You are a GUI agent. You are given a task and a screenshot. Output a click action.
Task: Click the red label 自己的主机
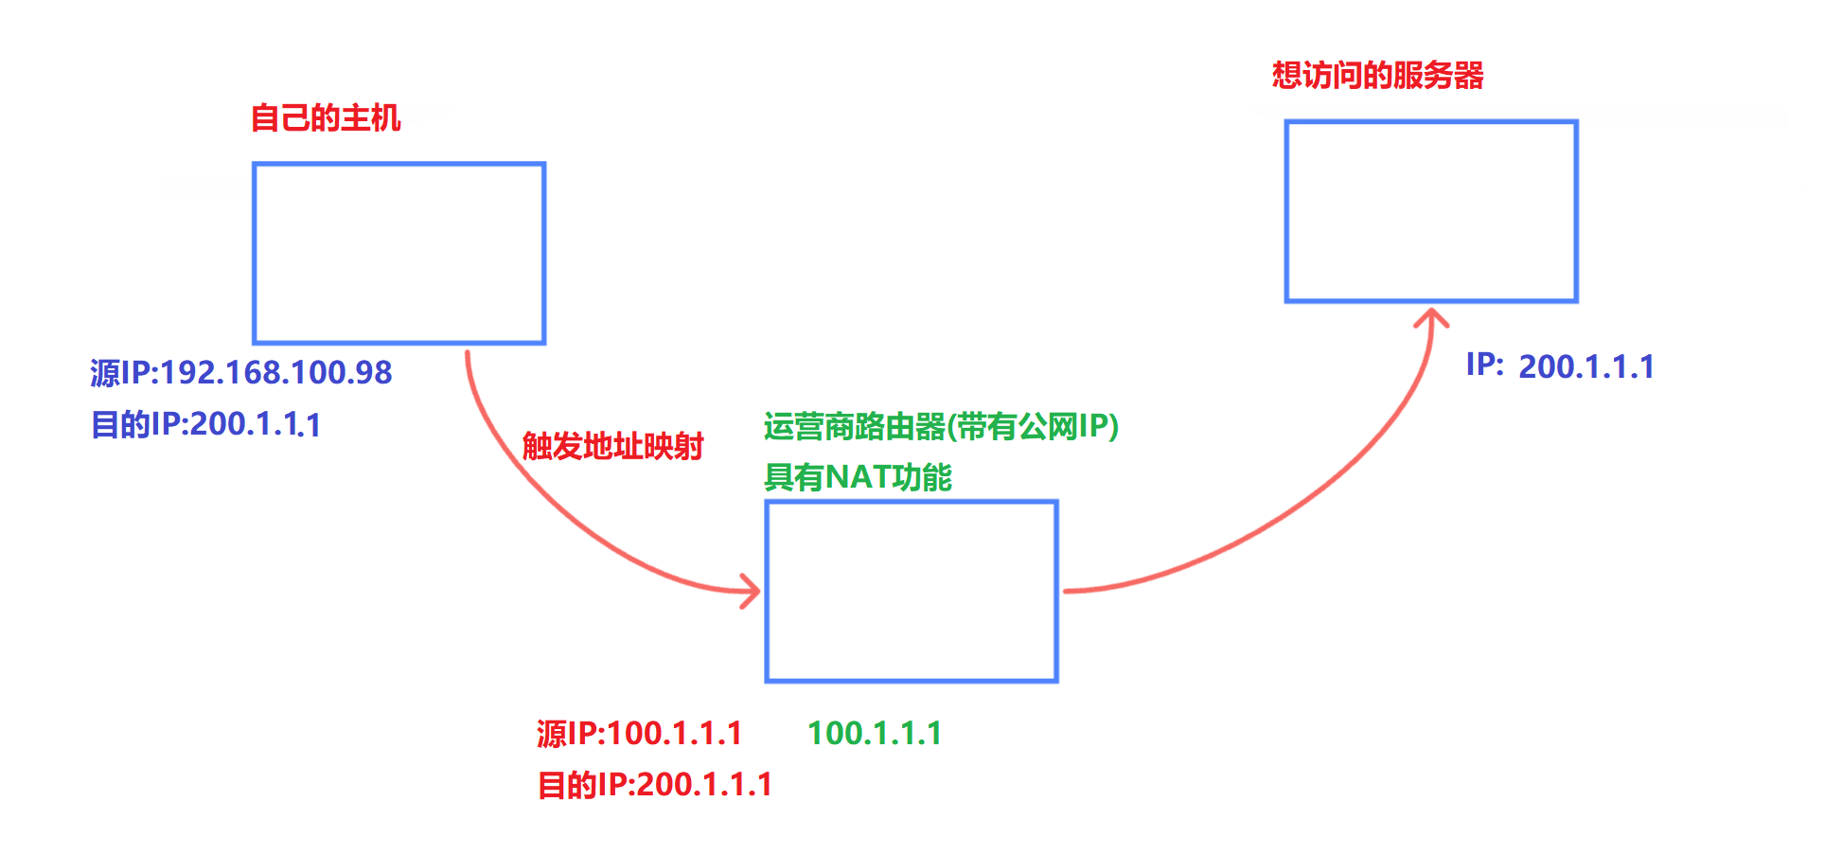pos(326,118)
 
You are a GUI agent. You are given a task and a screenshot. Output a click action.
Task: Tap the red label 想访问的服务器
pos(1377,76)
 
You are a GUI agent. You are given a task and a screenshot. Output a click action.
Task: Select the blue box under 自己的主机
pos(399,253)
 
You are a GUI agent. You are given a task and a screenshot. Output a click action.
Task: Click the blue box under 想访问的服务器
pos(1430,211)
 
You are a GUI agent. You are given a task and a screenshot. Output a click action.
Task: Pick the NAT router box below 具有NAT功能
pos(911,591)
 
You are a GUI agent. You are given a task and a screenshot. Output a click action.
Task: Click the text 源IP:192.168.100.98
pos(241,373)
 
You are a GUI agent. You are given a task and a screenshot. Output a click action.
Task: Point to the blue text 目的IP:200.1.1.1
pos(205,424)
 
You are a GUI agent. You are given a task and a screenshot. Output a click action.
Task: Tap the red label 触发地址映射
pos(612,446)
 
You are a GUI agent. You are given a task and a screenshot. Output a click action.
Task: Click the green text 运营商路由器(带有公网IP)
pos(941,427)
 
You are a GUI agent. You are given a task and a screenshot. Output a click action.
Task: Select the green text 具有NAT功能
pos(858,477)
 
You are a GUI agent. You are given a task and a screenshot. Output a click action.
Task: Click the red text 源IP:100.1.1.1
pos(639,734)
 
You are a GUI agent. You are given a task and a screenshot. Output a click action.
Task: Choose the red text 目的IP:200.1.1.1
pos(654,785)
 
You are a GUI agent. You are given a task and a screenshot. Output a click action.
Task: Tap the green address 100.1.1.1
pos(875,734)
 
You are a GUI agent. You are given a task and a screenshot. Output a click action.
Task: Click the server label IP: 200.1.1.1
pos(1560,366)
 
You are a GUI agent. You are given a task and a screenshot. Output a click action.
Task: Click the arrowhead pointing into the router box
pos(752,591)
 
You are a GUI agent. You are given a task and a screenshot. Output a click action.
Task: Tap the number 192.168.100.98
pos(276,373)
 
